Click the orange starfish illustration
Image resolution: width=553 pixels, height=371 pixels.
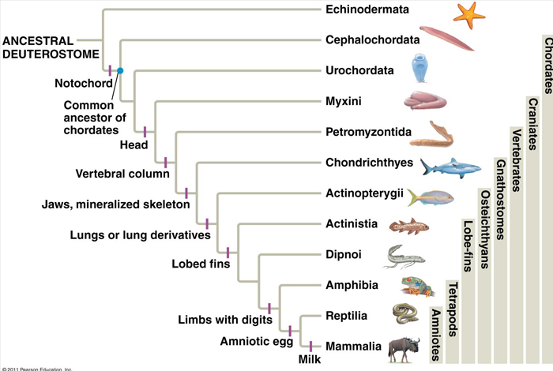point(468,13)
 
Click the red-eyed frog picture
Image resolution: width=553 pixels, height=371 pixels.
point(412,285)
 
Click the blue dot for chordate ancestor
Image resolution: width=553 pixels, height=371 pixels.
point(120,71)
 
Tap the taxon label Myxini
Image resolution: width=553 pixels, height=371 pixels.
point(344,101)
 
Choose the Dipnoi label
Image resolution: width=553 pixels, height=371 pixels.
point(344,255)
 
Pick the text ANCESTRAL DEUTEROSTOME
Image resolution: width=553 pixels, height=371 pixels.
point(47,47)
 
